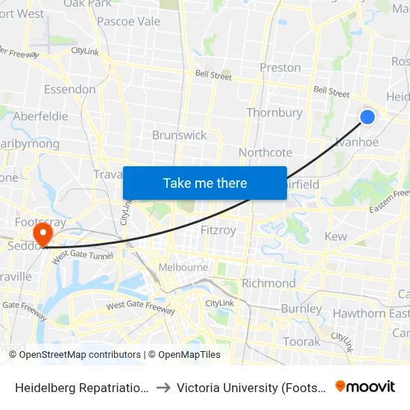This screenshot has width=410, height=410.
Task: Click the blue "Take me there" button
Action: [x=205, y=183]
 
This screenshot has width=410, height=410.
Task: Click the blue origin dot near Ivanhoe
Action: [x=368, y=116]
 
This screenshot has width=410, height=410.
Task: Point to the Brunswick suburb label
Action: [x=179, y=135]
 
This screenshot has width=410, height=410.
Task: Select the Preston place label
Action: [x=280, y=67]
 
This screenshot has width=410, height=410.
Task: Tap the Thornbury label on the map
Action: [x=274, y=113]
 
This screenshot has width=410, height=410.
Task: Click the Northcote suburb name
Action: [x=265, y=152]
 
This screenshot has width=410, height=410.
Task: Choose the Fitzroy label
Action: [x=218, y=230]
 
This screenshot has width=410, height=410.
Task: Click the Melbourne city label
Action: [x=183, y=267]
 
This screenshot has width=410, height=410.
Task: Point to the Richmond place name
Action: [x=268, y=283]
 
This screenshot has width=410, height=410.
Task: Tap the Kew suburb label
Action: [x=336, y=236]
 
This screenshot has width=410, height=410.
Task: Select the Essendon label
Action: [x=70, y=89]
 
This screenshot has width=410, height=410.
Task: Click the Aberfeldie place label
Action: [x=40, y=116]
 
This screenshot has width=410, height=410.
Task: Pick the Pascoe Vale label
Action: [x=129, y=22]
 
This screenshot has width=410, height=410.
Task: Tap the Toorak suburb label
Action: [x=301, y=341]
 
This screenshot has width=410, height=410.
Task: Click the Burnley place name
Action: [x=301, y=309]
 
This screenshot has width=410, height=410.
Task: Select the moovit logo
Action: [x=365, y=386]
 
